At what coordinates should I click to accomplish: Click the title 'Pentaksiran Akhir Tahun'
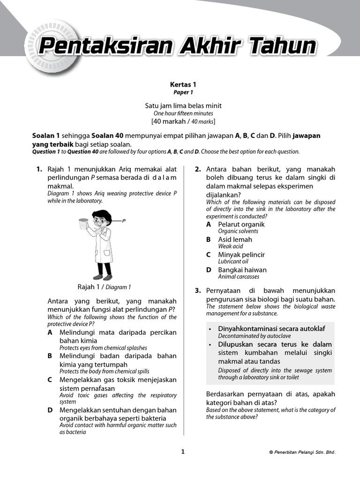177,47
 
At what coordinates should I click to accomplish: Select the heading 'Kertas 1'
183,85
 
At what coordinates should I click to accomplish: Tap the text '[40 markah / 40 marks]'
183,121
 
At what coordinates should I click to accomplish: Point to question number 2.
198,169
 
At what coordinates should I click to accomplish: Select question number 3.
198,291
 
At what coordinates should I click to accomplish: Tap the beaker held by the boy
83,224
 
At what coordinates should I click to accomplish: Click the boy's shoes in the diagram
103,277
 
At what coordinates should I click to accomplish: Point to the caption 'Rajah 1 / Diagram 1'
104,287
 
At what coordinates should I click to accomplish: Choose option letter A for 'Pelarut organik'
209,225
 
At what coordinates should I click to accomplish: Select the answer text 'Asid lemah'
235,240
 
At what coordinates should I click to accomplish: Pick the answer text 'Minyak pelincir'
241,255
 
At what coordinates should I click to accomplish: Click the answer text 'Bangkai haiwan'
242,270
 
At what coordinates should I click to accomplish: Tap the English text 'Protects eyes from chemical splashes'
103,348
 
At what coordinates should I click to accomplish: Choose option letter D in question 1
50,410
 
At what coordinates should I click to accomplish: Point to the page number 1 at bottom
183,451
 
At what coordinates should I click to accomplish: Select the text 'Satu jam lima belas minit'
183,106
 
